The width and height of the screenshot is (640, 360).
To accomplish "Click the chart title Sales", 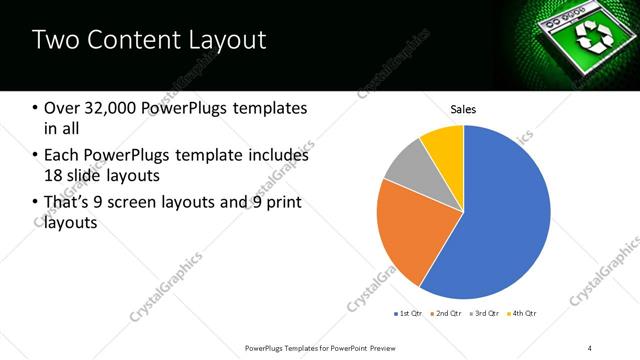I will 463,108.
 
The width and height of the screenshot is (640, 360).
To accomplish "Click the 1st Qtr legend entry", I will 408,314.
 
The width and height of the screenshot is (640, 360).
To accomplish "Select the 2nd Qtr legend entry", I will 444,314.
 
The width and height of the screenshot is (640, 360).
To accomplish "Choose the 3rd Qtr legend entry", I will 482,314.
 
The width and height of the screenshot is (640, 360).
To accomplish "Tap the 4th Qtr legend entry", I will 520,314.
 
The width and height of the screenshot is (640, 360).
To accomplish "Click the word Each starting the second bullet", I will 62,156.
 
